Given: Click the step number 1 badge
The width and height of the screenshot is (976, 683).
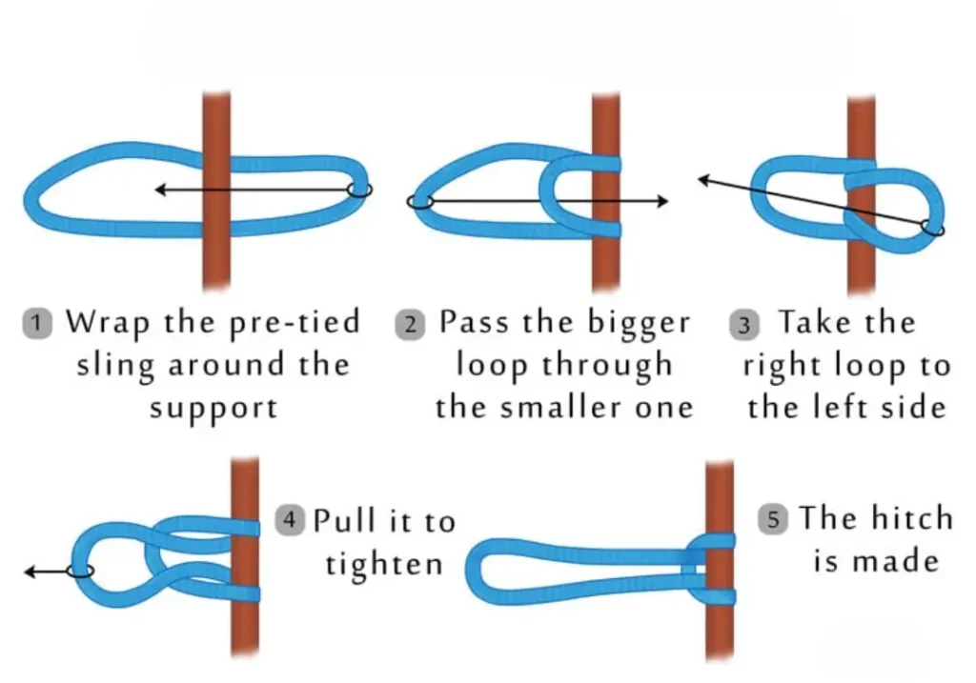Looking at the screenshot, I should [x=36, y=323].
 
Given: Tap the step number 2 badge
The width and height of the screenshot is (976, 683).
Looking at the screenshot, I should [x=408, y=323].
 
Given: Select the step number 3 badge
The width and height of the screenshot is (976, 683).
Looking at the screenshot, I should [x=744, y=325].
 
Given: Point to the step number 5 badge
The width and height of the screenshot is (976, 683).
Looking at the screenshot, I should [x=773, y=520].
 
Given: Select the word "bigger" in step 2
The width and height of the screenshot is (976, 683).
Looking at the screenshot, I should [x=641, y=322].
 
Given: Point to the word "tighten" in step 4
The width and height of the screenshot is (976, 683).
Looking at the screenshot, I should [x=384, y=563].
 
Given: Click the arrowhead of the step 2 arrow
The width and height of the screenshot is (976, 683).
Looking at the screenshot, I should [x=662, y=201].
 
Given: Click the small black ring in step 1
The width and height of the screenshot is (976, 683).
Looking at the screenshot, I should [x=358, y=190].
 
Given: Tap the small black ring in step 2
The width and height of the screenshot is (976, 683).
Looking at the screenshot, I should [x=420, y=202].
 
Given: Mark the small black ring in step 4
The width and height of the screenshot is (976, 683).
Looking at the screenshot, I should [x=81, y=571].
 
